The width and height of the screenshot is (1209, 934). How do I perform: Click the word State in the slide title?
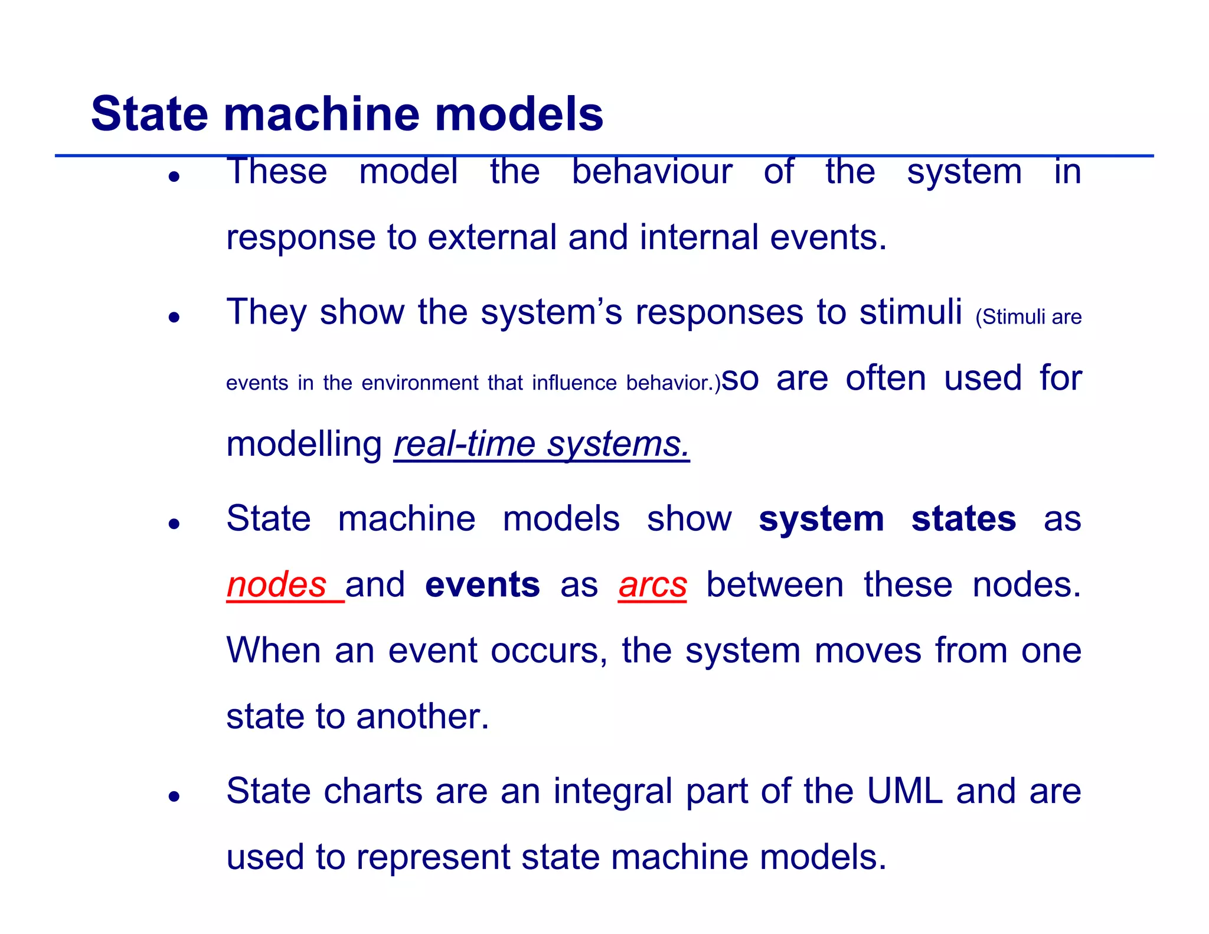[x=149, y=113]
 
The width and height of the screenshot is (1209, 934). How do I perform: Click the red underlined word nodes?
[x=277, y=584]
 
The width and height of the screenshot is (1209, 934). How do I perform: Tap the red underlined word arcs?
[x=652, y=584]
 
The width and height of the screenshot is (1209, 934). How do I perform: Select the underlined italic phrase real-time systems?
[x=541, y=444]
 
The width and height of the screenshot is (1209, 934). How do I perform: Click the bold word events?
[x=482, y=584]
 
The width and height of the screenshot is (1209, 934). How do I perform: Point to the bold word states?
[x=963, y=518]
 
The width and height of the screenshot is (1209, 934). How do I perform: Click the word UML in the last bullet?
[x=904, y=791]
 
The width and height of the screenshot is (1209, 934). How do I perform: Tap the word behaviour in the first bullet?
[x=652, y=171]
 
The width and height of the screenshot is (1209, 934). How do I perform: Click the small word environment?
[x=420, y=383]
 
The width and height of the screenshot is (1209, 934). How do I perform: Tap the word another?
[x=422, y=716]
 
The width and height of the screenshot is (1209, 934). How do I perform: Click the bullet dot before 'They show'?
[x=174, y=318]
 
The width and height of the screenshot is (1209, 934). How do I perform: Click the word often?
[x=885, y=378]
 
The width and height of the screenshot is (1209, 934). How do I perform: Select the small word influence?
[x=574, y=383]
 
